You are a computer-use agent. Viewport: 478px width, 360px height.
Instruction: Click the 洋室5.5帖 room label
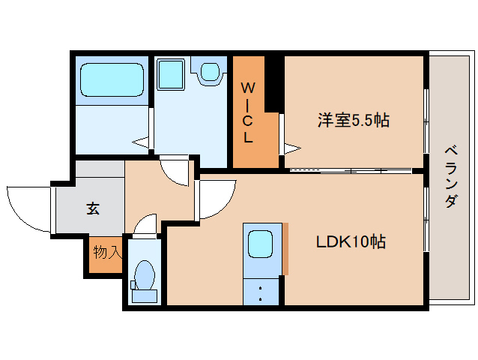353,120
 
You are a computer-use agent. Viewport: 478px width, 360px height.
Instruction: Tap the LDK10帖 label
350,242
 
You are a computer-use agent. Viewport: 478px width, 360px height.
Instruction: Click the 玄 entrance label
92,208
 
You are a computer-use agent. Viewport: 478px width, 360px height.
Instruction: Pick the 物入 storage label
106,253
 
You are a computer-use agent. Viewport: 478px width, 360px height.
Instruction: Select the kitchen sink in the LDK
260,243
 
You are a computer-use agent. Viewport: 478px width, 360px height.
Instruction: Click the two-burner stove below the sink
260,292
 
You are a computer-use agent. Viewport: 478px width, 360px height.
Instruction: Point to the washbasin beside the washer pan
209,72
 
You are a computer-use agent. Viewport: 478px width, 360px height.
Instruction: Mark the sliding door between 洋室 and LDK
348,170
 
